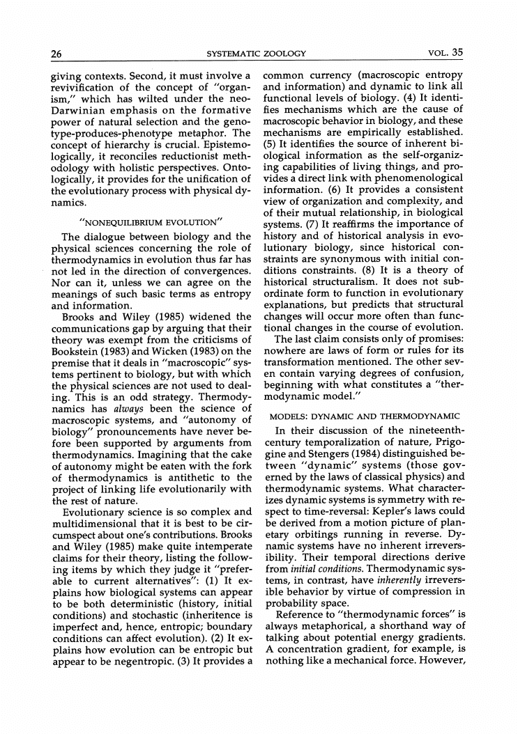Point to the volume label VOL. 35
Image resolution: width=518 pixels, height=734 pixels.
[446, 53]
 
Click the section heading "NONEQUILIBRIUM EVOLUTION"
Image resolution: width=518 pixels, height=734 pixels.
[151, 223]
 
